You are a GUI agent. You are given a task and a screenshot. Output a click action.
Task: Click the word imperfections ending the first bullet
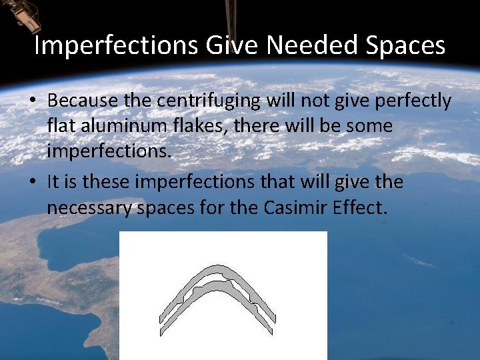pyautogui.click(x=109, y=151)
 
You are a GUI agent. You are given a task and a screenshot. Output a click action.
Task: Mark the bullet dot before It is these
pyautogui.click(x=33, y=182)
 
